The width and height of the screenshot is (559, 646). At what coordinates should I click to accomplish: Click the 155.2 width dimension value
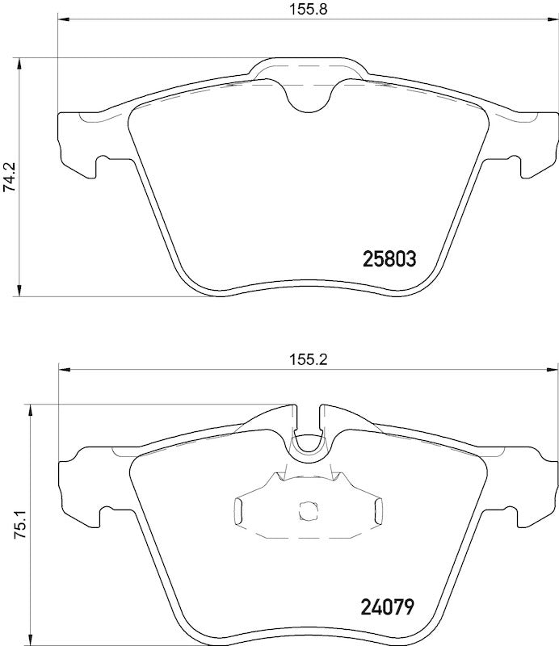(307, 361)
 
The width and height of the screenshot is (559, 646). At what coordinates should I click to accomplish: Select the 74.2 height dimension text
(9, 176)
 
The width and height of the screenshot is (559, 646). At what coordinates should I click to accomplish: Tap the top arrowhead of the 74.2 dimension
(19, 63)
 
